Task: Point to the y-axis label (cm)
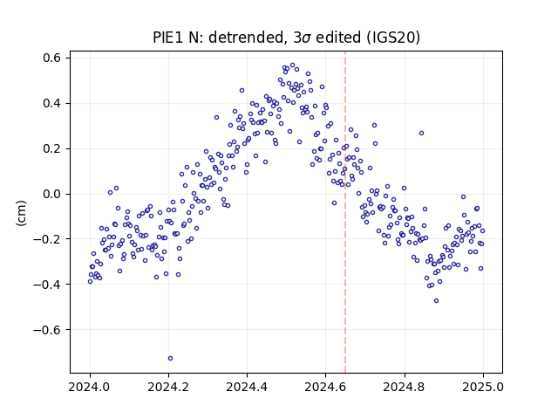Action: coord(21,213)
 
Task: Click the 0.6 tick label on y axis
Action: coord(52,58)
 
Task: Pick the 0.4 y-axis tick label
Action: coord(52,103)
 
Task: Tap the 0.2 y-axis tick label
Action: coord(52,148)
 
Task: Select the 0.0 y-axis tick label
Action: coord(52,194)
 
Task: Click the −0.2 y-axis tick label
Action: coord(48,239)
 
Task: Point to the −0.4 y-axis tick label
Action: coord(48,285)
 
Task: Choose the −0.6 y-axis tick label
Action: coord(48,330)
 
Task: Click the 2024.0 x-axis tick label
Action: coord(90,387)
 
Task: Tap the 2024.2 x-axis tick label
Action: coord(168,387)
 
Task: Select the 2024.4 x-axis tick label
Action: coord(247,387)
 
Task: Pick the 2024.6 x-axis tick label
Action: coord(325,387)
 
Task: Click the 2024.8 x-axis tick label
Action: coord(404,387)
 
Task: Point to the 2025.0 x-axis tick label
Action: coord(482,387)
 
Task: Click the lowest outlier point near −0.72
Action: coord(171,358)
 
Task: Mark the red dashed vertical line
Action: coord(345,212)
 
